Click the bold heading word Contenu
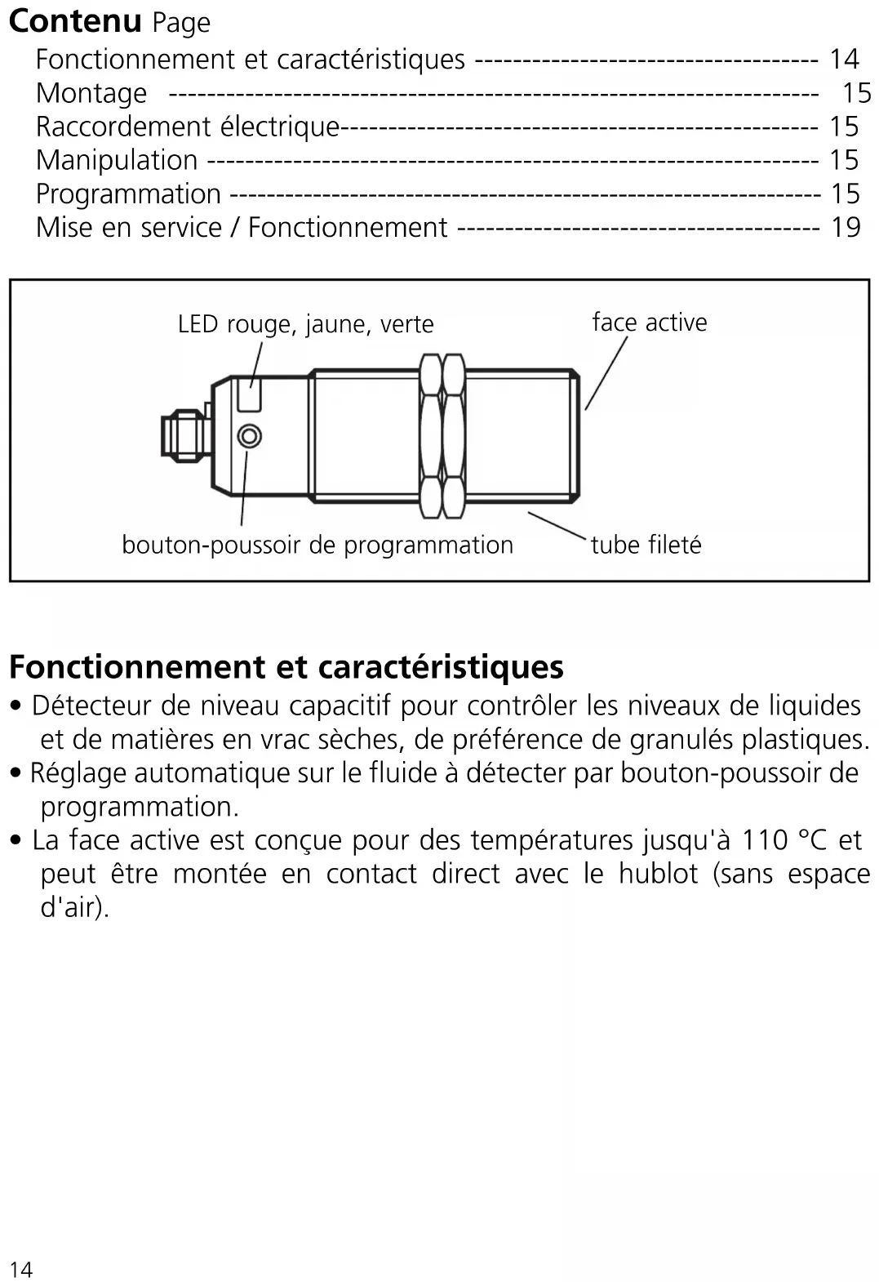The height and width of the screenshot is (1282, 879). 75,21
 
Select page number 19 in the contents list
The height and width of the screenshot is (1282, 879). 846,227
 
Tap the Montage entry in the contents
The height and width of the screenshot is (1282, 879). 91,93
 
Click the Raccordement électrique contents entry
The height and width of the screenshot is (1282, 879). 188,127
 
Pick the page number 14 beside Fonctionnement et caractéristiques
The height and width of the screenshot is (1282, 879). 845,59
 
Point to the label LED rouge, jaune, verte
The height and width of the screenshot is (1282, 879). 305,324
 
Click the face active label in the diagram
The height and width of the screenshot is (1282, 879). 650,323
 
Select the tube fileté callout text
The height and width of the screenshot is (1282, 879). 646,545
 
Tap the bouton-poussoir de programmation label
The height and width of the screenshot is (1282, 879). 317,545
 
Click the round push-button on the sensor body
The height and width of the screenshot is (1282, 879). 250,436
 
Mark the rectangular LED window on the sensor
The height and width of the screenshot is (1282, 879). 250,395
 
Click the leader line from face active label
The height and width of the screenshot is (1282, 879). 606,373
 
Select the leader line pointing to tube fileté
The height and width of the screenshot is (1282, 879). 557,526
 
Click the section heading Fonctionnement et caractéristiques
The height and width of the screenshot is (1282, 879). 286,667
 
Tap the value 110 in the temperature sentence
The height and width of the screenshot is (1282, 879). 766,839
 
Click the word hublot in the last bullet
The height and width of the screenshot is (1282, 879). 658,874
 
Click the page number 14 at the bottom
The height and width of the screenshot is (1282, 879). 21,1269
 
